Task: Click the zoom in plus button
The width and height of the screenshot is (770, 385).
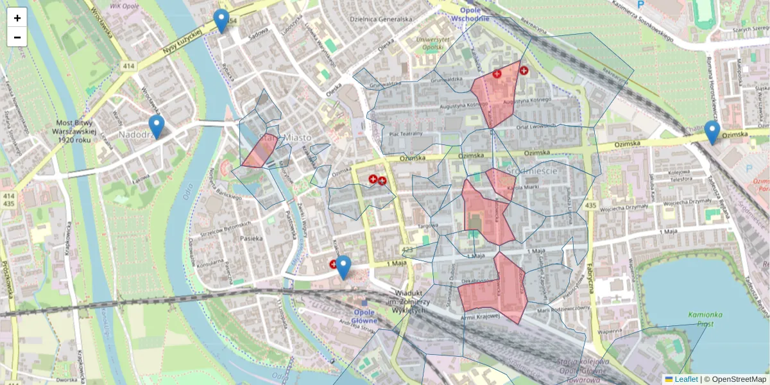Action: pos(17,18)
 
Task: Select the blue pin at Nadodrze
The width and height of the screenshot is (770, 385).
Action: pos(156,126)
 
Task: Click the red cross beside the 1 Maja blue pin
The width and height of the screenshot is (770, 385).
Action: pos(334,264)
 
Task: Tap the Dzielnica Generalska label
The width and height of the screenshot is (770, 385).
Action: pos(381,19)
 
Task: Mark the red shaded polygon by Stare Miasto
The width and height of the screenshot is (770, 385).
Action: pos(259,153)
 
